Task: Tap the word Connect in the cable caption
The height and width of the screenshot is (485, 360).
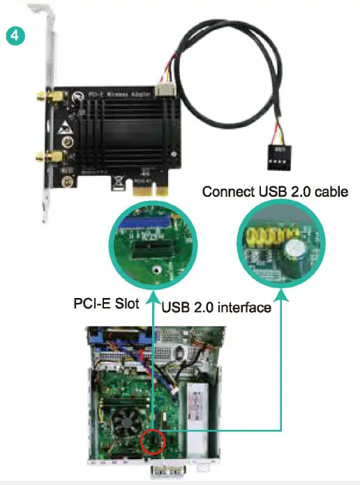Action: tap(225, 191)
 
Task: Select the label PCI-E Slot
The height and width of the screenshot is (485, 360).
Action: tap(106, 304)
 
